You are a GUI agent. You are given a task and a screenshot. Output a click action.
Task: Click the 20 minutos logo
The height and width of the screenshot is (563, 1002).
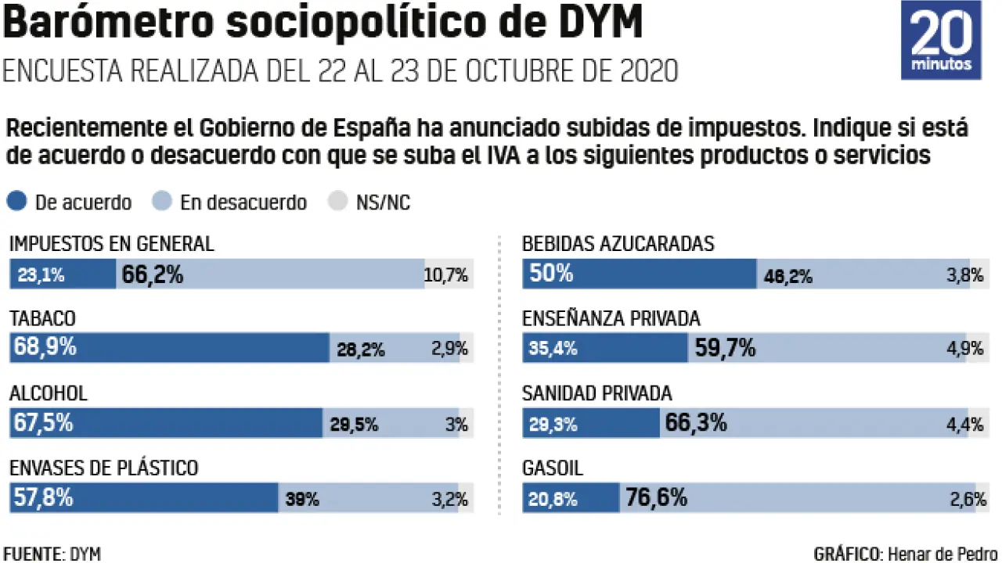pos(941,40)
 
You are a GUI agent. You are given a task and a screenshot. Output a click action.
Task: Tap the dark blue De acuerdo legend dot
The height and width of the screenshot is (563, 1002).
pos(17,202)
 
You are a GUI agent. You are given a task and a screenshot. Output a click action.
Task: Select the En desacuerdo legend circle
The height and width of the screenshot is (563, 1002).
pos(162,202)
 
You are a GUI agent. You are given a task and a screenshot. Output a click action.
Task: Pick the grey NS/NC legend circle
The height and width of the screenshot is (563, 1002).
pos(337,202)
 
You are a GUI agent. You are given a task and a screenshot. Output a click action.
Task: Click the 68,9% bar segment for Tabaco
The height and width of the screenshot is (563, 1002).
pos(169,348)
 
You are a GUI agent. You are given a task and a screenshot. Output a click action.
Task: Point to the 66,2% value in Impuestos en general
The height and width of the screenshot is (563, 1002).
pos(153,274)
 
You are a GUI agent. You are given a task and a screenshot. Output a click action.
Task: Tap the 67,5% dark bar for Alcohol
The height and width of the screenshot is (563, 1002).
pos(166,423)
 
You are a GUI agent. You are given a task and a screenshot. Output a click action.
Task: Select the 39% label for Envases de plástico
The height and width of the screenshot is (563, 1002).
pos(302,499)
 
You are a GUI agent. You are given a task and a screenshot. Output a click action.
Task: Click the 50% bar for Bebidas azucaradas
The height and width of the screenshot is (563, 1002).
pos(639,274)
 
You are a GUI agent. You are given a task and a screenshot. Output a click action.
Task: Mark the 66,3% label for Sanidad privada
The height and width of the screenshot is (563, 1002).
pos(696,423)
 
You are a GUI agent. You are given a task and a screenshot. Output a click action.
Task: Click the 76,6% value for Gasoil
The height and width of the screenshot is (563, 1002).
pos(656,497)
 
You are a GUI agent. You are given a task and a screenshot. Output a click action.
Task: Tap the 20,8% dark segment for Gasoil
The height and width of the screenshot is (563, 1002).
pos(571,497)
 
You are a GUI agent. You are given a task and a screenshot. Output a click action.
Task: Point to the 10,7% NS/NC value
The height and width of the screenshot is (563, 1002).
pos(446,274)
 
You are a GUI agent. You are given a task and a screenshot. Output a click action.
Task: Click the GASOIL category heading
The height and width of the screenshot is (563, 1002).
pos(553,468)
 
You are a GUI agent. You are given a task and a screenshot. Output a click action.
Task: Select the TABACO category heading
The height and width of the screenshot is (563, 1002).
pos(42,318)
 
